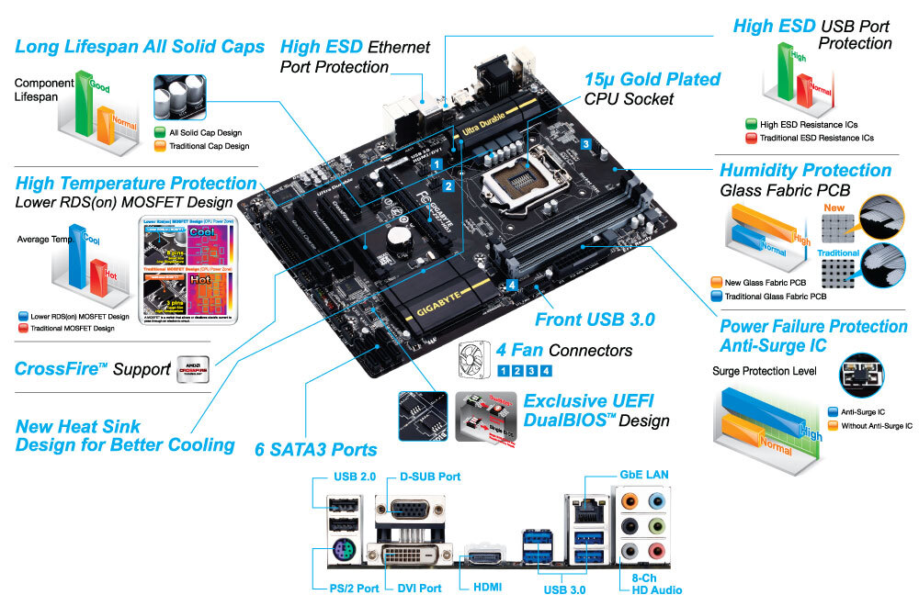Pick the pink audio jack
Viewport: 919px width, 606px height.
(654, 550)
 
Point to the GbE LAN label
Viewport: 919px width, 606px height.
(643, 474)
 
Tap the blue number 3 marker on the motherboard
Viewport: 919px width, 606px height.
(585, 143)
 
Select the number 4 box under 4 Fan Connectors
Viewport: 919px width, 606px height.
(546, 371)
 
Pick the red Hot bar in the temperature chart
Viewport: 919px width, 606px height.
(98, 280)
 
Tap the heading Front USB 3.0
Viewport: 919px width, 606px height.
(595, 320)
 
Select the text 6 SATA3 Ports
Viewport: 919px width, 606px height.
(316, 449)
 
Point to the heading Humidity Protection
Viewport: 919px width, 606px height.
(805, 171)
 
